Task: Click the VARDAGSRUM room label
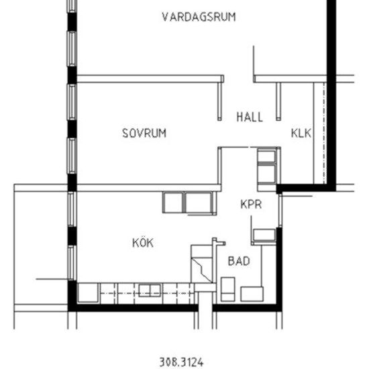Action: click(199, 17)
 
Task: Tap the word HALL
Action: click(250, 117)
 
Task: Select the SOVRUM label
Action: click(144, 133)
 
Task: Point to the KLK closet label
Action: click(301, 133)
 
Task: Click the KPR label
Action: click(251, 204)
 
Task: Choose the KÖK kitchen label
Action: click(142, 242)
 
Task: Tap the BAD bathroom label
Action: click(239, 260)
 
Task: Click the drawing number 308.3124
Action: click(181, 362)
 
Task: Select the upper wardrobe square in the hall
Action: click(267, 158)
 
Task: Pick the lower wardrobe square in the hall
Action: click(267, 172)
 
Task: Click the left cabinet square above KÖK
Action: click(173, 201)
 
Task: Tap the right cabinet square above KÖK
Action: click(199, 201)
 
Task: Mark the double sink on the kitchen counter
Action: click(150, 291)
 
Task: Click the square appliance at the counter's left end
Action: click(88, 293)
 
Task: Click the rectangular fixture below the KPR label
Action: click(264, 235)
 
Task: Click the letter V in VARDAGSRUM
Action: click(165, 17)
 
